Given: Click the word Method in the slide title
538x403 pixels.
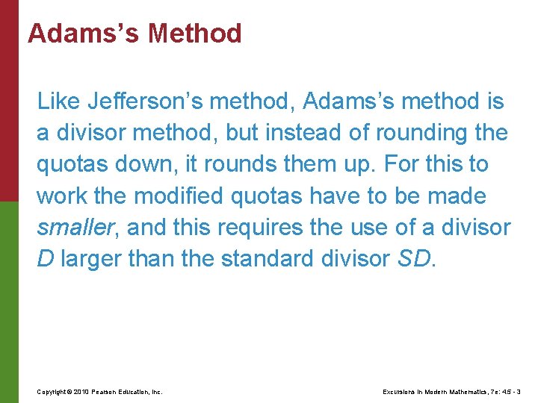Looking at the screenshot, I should [x=195, y=34].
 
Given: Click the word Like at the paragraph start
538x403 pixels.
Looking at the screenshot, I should [x=58, y=101].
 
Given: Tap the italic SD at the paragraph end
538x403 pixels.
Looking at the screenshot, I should [x=415, y=260].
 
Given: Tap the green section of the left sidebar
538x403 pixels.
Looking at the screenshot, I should [x=9, y=299].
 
